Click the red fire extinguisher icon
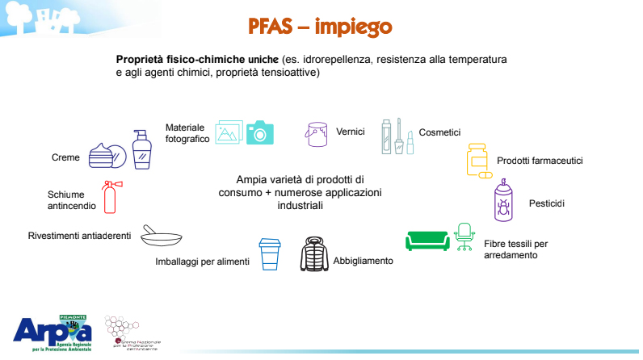tap(110, 197)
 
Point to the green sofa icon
tap(427, 241)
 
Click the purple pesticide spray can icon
tap(504, 202)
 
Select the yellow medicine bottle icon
tap(477, 161)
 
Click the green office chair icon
tap(464, 236)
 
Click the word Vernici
tap(351, 132)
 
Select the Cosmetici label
tap(439, 132)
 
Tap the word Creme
tap(65, 157)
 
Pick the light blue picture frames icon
tap(229, 132)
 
